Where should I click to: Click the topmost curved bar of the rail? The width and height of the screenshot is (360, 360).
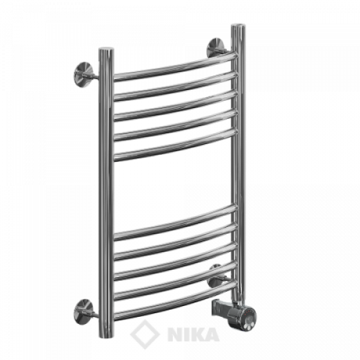tap(175, 66)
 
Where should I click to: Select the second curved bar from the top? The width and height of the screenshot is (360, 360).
tap(175, 86)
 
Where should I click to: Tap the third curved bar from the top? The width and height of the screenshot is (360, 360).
tap(175, 106)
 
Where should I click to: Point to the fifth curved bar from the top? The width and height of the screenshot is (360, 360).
tap(175, 145)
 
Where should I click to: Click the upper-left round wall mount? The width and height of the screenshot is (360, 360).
tap(84, 73)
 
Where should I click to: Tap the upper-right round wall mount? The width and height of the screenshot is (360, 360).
tap(217, 48)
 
